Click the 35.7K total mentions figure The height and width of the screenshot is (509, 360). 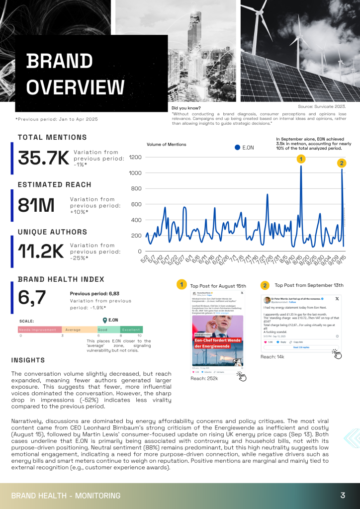pyautogui.click(x=43, y=158)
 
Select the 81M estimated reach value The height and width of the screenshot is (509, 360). pyautogui.click(x=36, y=205)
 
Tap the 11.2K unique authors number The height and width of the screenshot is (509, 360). pyautogui.click(x=41, y=252)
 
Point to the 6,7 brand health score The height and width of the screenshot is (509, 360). pyautogui.click(x=32, y=298)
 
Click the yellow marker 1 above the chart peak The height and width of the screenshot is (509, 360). pyautogui.click(x=301, y=159)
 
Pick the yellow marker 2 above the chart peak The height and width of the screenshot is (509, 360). pyautogui.click(x=342, y=163)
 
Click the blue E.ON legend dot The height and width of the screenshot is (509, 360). pyautogui.click(x=237, y=148)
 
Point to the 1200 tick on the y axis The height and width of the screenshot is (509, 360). pyautogui.click(x=135, y=158)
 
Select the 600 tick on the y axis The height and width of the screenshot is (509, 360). pyautogui.click(x=137, y=204)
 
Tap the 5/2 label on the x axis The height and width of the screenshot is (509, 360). pyautogui.click(x=144, y=259)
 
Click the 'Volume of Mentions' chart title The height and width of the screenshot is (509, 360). pyautogui.click(x=167, y=145)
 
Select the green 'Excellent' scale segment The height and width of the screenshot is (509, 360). pyautogui.click(x=131, y=330)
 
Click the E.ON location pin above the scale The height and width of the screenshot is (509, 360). pyautogui.click(x=104, y=321)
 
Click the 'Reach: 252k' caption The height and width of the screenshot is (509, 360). pyautogui.click(x=205, y=379)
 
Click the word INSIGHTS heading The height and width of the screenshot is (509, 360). pyautogui.click(x=28, y=360)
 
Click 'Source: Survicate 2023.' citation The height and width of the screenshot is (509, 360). pyautogui.click(x=321, y=107)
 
